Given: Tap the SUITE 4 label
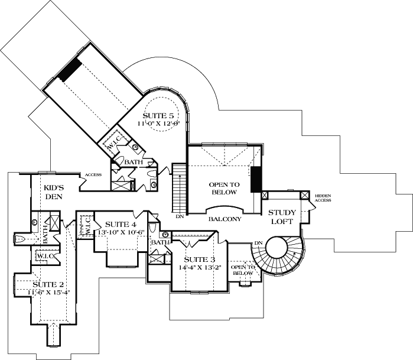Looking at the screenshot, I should click(121, 225).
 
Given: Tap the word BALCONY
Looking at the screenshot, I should click(225, 219).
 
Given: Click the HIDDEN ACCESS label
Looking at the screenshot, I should click(323, 197).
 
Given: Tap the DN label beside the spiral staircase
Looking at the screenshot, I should click(258, 242).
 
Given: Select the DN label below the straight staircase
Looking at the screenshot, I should click(180, 217).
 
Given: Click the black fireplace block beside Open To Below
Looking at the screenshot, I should click(256, 180).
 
